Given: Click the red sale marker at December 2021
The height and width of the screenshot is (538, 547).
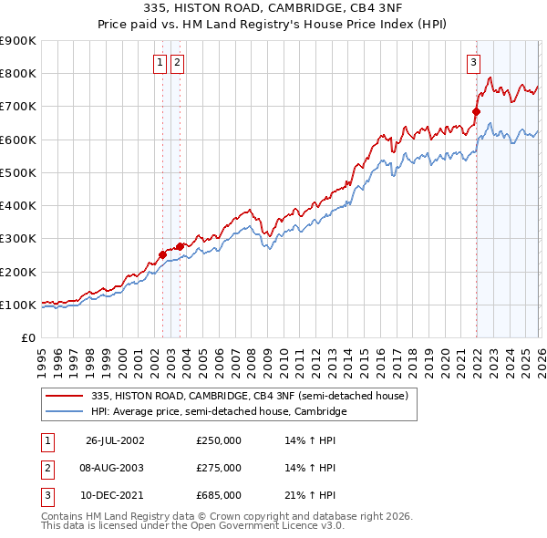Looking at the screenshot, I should point(476,112).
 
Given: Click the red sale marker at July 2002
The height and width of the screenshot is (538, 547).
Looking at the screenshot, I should point(163,255).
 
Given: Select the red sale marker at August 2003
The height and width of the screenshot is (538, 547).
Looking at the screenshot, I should point(180,246).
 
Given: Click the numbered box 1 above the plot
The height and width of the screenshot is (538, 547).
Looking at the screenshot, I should point(160,63).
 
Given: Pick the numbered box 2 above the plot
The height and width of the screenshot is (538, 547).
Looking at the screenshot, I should point(177,63).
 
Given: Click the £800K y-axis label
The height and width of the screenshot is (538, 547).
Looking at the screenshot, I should point(18,74).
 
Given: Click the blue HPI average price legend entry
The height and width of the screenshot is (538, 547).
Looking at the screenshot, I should point(219,412).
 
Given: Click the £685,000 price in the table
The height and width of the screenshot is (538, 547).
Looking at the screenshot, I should point(219,495).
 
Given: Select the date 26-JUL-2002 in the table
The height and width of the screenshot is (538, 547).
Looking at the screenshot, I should point(115,440).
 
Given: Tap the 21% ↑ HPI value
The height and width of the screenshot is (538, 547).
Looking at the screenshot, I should point(310,495).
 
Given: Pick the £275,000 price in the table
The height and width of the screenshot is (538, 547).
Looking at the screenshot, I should point(219,468).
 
